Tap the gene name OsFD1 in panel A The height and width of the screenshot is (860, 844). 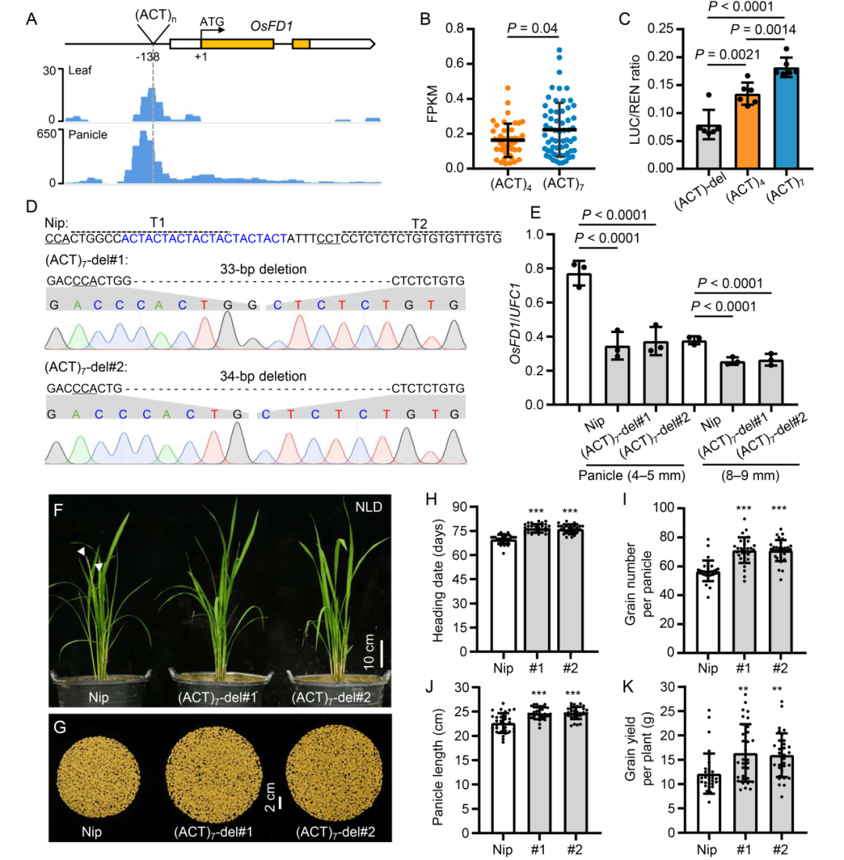(x=271, y=26)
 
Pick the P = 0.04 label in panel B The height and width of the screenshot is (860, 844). (x=532, y=30)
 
